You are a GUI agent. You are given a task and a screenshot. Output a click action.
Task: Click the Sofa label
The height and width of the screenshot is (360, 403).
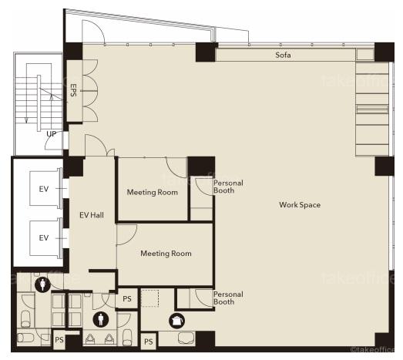[283, 55]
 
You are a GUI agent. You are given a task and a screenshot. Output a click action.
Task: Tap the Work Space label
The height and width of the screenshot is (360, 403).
[300, 205]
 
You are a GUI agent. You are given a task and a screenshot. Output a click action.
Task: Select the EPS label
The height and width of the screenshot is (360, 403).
[73, 90]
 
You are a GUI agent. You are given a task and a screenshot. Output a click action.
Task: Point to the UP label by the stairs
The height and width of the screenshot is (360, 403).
[52, 134]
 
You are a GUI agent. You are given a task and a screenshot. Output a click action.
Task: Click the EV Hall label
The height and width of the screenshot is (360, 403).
[92, 215]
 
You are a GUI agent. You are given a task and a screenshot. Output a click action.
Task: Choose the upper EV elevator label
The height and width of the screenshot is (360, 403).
[44, 189]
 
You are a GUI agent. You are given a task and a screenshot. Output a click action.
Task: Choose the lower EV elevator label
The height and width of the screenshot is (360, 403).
[44, 238]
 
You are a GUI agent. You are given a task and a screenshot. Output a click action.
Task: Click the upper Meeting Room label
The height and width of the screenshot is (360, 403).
[152, 192]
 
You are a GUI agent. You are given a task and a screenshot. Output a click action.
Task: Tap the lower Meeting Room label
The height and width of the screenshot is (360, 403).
[166, 254]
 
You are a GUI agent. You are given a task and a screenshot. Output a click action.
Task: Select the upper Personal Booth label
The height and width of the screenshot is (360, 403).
[228, 187]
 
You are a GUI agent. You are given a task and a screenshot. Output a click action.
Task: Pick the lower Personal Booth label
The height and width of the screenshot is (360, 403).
[228, 298]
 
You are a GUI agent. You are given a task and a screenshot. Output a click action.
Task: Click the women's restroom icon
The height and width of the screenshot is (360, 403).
[42, 284]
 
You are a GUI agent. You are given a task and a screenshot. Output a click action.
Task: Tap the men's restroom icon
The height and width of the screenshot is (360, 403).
[100, 319]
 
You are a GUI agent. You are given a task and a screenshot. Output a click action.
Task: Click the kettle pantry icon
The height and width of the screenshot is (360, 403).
[176, 321]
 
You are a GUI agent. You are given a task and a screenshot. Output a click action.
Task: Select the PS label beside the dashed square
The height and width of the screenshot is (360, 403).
[127, 299]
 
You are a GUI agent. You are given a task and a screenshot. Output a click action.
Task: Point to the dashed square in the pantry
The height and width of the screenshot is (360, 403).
[149, 298]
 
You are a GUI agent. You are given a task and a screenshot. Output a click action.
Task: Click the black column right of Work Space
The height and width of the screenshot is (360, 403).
[385, 166]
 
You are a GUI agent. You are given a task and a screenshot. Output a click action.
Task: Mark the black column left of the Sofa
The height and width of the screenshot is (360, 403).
[206, 52]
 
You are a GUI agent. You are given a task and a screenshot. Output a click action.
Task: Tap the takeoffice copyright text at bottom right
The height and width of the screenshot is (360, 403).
[372, 349]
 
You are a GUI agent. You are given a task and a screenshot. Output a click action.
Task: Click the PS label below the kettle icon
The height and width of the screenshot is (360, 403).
[149, 341]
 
